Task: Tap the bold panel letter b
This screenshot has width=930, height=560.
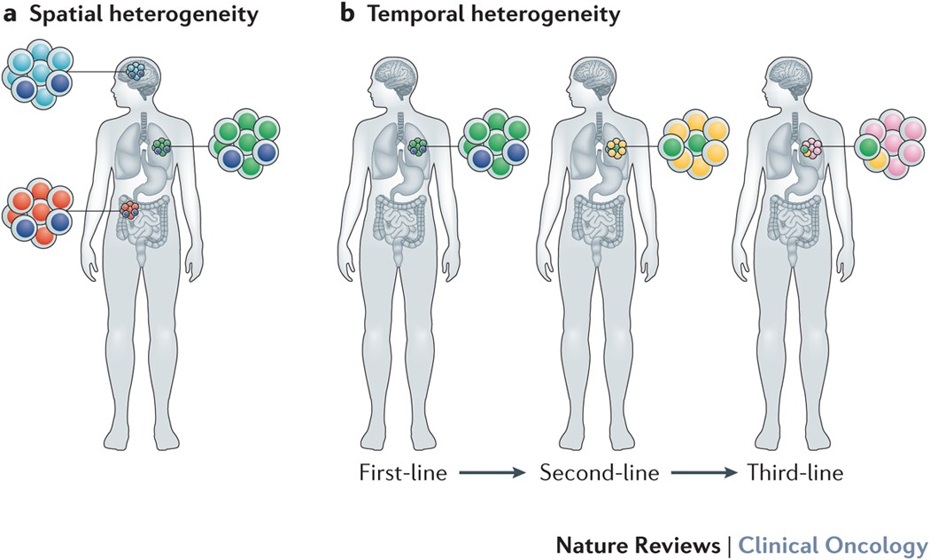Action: pos(346,13)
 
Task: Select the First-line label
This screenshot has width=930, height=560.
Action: pos(403,473)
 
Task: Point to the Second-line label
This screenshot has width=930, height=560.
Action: pos(599,473)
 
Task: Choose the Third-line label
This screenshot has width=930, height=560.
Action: pos(794,473)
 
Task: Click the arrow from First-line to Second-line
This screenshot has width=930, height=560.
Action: pos(492,473)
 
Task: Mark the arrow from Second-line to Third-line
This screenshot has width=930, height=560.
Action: pos(705,473)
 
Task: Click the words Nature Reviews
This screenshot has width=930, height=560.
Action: pos(639,545)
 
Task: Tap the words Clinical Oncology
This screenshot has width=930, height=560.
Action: pos(833,545)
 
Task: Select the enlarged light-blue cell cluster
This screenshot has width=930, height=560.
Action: pos(37,74)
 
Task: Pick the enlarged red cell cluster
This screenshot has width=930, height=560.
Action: pos(37,213)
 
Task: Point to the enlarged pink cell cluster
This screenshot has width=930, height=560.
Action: pos(889,144)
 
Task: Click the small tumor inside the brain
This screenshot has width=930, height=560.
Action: pos(136,72)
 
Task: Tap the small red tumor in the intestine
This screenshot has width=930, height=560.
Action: pos(129,210)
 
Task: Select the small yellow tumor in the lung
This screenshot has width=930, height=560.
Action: pos(616,148)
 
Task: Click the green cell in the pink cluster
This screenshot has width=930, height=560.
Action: pos(868,147)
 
